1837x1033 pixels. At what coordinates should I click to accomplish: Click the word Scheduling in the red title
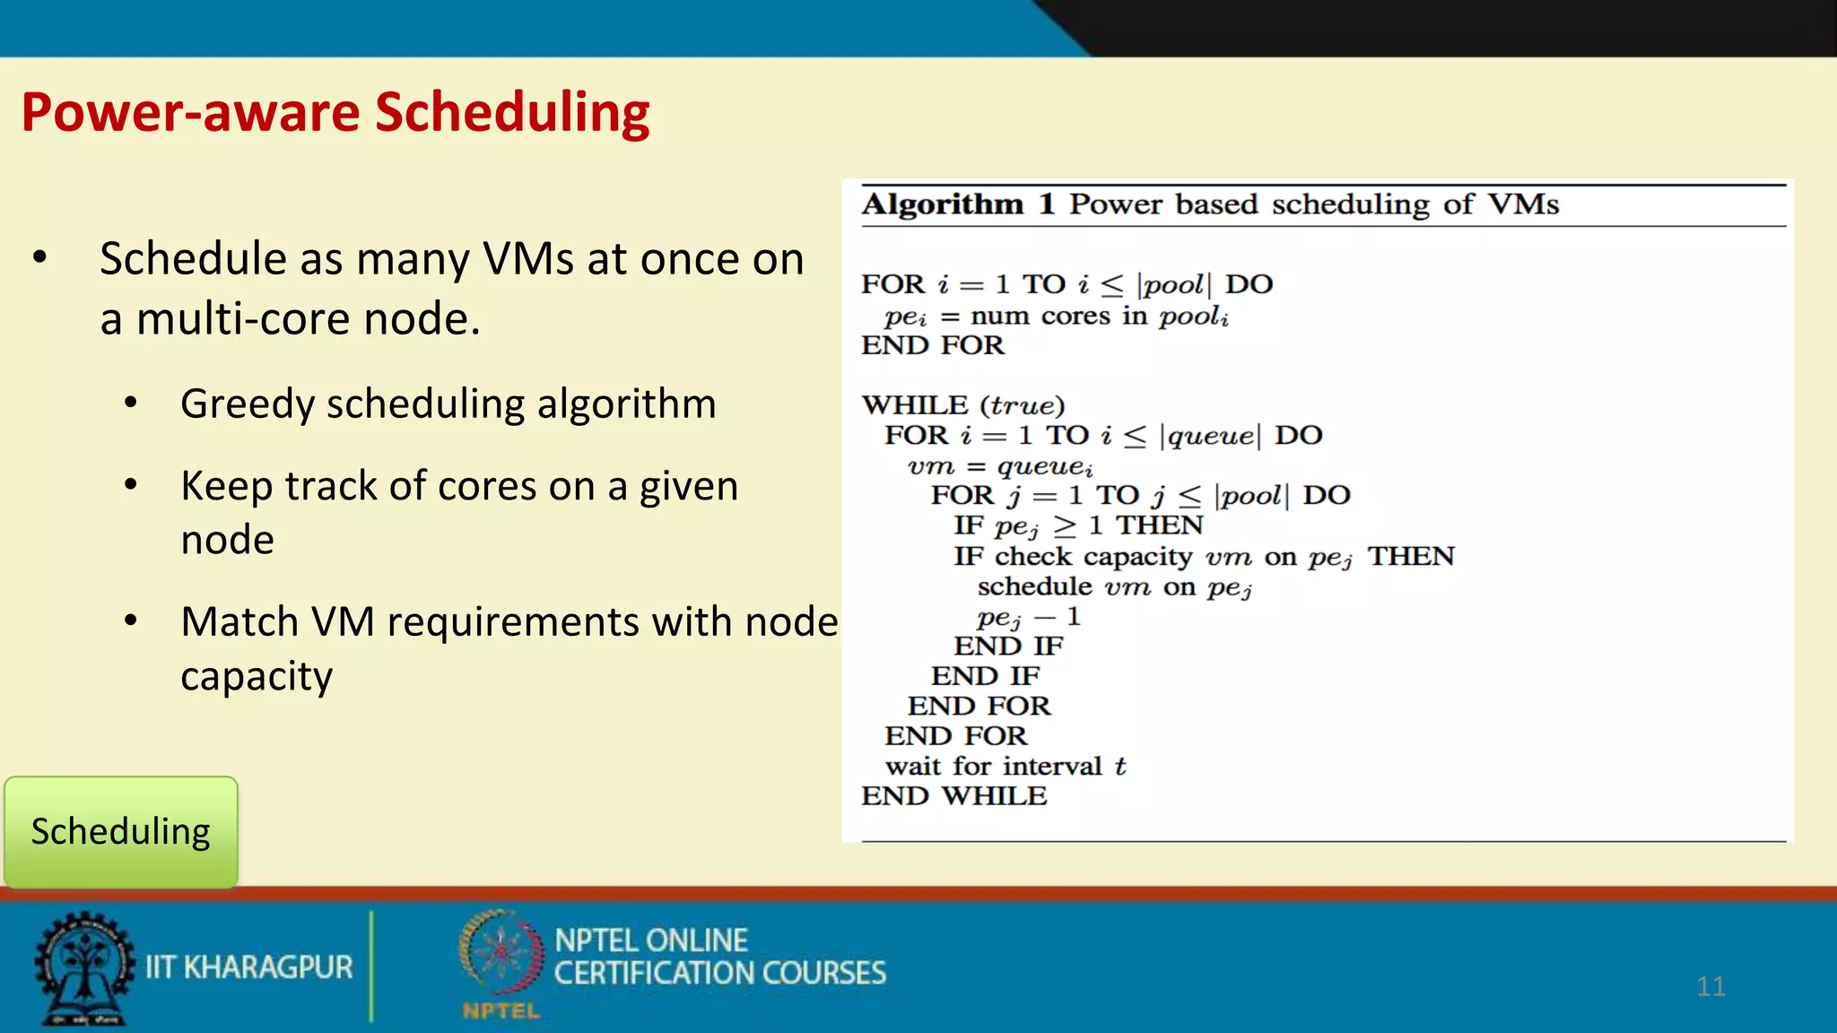coord(512,114)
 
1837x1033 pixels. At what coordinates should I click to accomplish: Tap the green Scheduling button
coord(121,832)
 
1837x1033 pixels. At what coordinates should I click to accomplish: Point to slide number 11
coord(1711,986)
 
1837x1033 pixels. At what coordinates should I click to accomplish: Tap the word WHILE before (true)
coord(915,405)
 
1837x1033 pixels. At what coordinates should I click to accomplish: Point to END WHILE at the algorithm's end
coord(953,796)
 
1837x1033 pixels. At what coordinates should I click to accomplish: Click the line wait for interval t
coord(1005,767)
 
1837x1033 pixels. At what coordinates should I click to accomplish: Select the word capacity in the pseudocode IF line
coord(1137,558)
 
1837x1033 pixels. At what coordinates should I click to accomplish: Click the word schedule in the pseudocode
coord(1034,587)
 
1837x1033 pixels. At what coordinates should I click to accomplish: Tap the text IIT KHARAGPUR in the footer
coord(248,968)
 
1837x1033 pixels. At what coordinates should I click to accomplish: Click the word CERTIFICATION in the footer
coord(654,974)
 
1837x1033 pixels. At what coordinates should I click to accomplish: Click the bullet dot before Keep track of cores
coord(131,485)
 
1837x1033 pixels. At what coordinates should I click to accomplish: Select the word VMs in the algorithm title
coord(1523,204)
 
